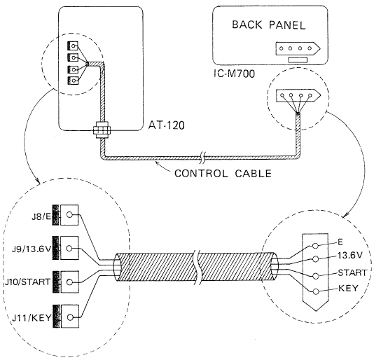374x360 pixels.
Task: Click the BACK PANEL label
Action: (269, 25)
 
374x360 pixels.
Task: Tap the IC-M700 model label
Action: (234, 74)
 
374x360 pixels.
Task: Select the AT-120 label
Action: (167, 125)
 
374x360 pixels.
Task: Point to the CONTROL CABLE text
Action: (223, 174)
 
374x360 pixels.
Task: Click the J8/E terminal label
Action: (41, 217)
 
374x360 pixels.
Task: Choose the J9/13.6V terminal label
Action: (32, 249)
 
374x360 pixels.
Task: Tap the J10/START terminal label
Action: (28, 282)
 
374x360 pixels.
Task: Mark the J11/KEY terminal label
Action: (32, 317)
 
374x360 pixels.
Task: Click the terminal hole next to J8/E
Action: (69, 215)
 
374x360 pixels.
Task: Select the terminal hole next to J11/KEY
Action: (70, 317)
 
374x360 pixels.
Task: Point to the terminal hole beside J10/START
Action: (69, 282)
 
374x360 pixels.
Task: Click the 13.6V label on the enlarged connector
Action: (349, 256)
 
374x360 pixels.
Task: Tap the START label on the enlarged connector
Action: (352, 272)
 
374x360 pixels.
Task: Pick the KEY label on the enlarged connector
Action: (348, 289)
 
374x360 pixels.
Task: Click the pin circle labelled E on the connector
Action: (315, 246)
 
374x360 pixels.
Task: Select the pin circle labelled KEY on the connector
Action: (316, 291)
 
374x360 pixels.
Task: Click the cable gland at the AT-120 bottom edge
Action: (102, 130)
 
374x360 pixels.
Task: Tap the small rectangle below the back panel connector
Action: (298, 60)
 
